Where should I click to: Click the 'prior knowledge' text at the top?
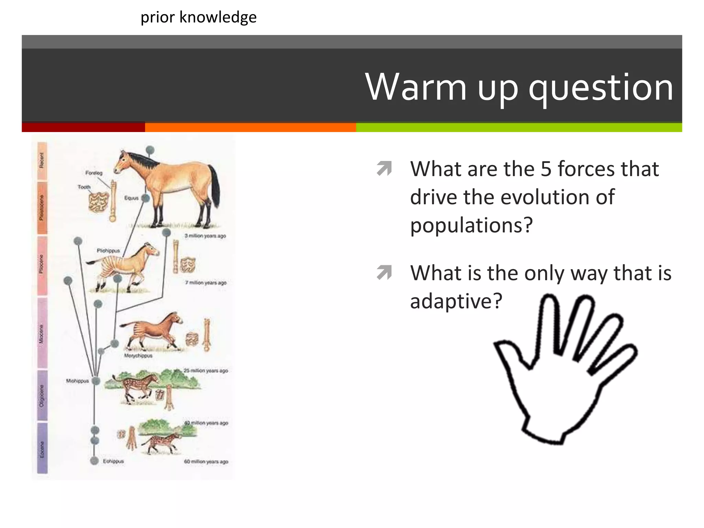(198, 17)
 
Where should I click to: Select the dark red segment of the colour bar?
(83, 127)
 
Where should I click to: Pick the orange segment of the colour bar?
(250, 127)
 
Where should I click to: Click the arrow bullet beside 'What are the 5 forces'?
(384, 168)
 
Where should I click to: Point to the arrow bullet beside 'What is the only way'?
(384, 273)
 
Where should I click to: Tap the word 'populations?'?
(471, 225)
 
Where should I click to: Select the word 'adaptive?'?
(456, 301)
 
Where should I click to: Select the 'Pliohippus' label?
(108, 251)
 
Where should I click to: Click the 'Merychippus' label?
(138, 356)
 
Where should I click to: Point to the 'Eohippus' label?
(113, 461)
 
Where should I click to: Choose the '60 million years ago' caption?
(206, 462)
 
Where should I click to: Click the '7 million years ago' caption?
(206, 283)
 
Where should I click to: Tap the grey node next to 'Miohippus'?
(96, 381)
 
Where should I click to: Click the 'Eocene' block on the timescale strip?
(42, 449)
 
